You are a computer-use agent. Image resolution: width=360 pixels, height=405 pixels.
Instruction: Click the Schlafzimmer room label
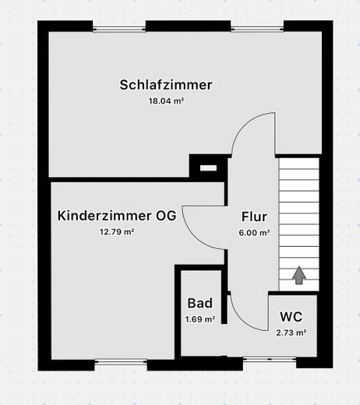166,85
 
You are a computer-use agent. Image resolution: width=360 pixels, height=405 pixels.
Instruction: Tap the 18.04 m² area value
166,100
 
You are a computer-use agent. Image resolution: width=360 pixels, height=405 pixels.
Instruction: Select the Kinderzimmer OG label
117,216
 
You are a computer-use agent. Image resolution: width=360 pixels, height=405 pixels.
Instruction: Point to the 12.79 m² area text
117,231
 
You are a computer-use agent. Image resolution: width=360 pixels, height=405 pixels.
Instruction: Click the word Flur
254,217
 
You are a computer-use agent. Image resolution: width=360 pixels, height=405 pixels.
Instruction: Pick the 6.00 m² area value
254,233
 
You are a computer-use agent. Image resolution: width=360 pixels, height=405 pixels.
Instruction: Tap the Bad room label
200,303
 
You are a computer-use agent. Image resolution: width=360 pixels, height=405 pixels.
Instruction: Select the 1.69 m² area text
200,319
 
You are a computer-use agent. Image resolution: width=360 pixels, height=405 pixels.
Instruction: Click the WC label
291,317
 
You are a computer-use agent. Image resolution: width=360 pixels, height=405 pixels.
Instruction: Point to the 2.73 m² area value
291,333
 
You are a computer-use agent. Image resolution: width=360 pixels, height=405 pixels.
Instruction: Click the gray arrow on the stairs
299,275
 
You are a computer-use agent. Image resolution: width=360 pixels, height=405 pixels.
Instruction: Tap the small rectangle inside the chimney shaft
208,168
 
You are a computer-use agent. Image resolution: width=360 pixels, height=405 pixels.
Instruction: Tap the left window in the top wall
119,29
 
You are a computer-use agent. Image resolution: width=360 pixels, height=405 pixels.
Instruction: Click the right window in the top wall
257,29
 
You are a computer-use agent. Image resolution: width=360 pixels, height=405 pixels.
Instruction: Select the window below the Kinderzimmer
121,362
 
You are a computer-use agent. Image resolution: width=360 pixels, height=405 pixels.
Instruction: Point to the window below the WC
270,359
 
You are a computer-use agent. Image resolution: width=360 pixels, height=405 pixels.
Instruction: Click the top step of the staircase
299,164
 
